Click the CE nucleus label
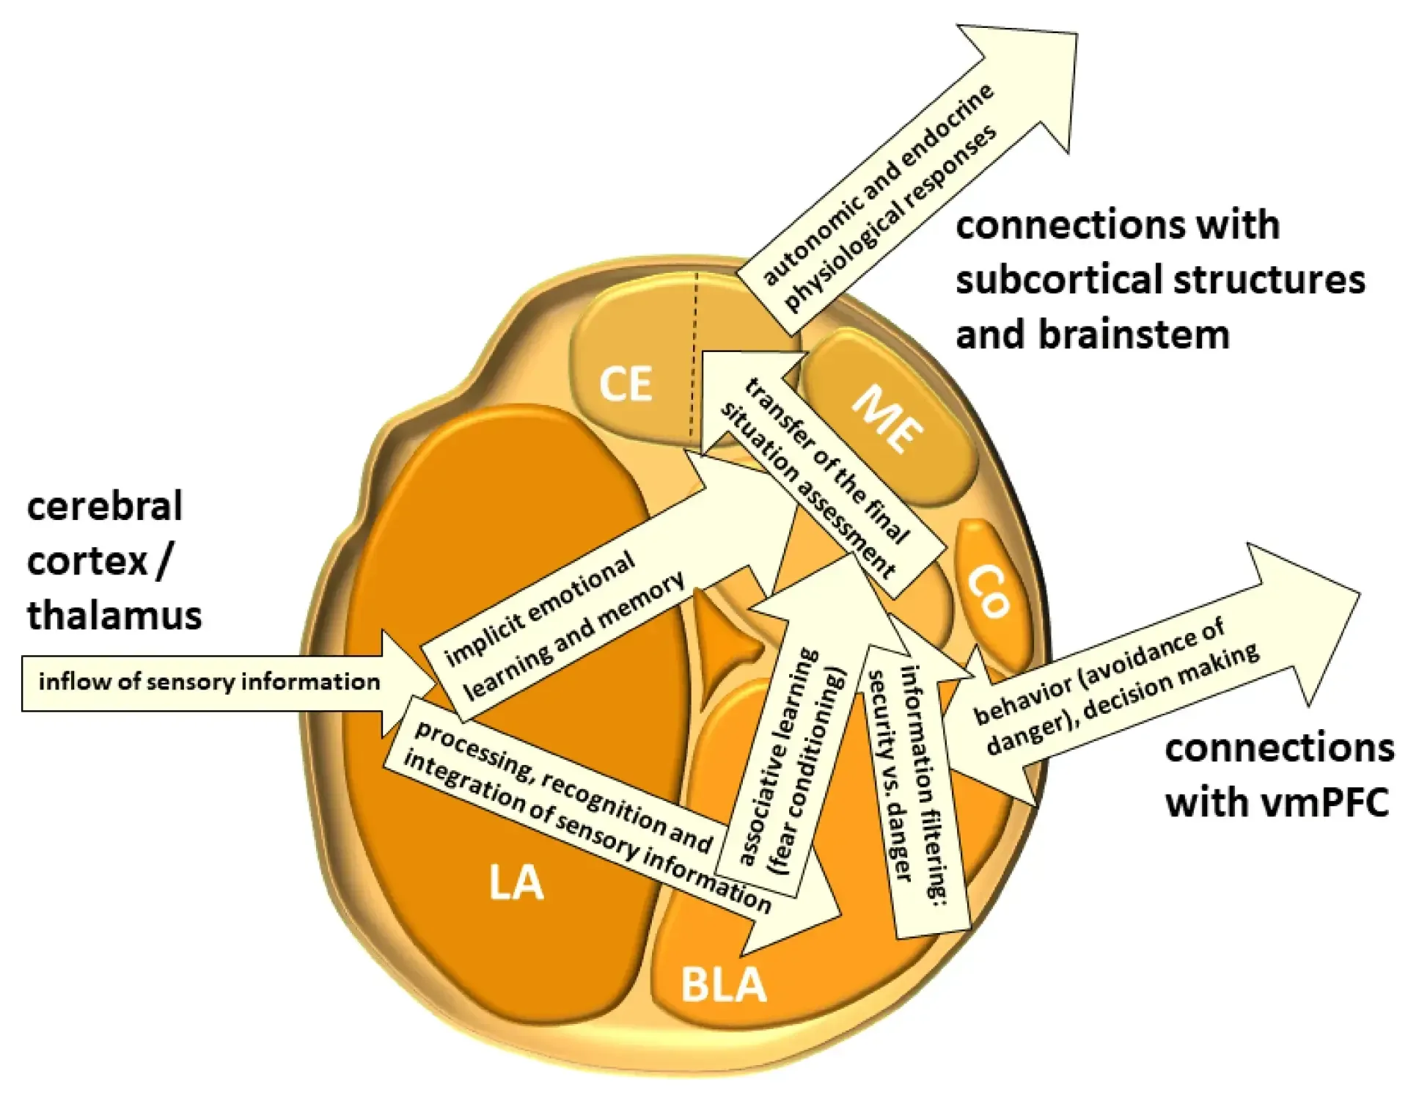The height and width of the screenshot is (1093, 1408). [x=626, y=384]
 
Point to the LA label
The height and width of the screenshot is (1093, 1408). [x=516, y=882]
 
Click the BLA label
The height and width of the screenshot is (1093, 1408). [x=723, y=984]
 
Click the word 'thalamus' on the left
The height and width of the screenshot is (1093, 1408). [x=114, y=615]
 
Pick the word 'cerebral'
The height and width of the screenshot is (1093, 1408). [x=105, y=506]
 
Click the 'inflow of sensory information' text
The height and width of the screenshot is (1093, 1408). [x=209, y=682]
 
